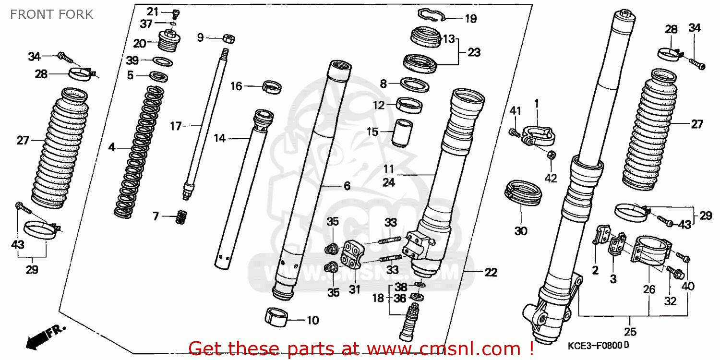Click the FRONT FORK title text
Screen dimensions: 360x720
click(51, 14)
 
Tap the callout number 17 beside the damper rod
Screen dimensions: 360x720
click(176, 126)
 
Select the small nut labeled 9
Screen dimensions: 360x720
click(228, 38)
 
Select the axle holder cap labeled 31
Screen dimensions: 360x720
click(353, 254)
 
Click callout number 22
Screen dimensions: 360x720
click(491, 272)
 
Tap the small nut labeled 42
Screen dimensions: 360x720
click(552, 156)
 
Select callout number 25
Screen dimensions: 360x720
click(630, 332)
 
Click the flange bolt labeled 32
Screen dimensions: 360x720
click(673, 274)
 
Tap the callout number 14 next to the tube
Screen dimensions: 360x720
click(219, 139)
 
